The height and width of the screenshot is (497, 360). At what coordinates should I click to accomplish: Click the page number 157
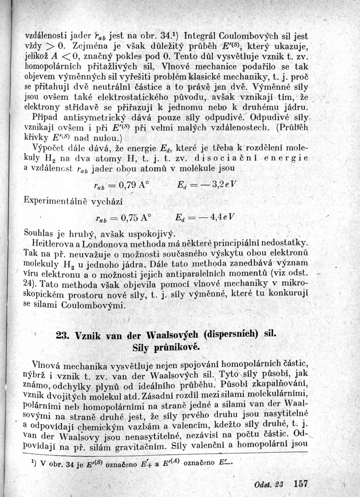300,483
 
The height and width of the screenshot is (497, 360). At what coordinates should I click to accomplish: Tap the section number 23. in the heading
64,334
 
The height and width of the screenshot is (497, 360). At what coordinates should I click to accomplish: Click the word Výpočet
48,148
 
